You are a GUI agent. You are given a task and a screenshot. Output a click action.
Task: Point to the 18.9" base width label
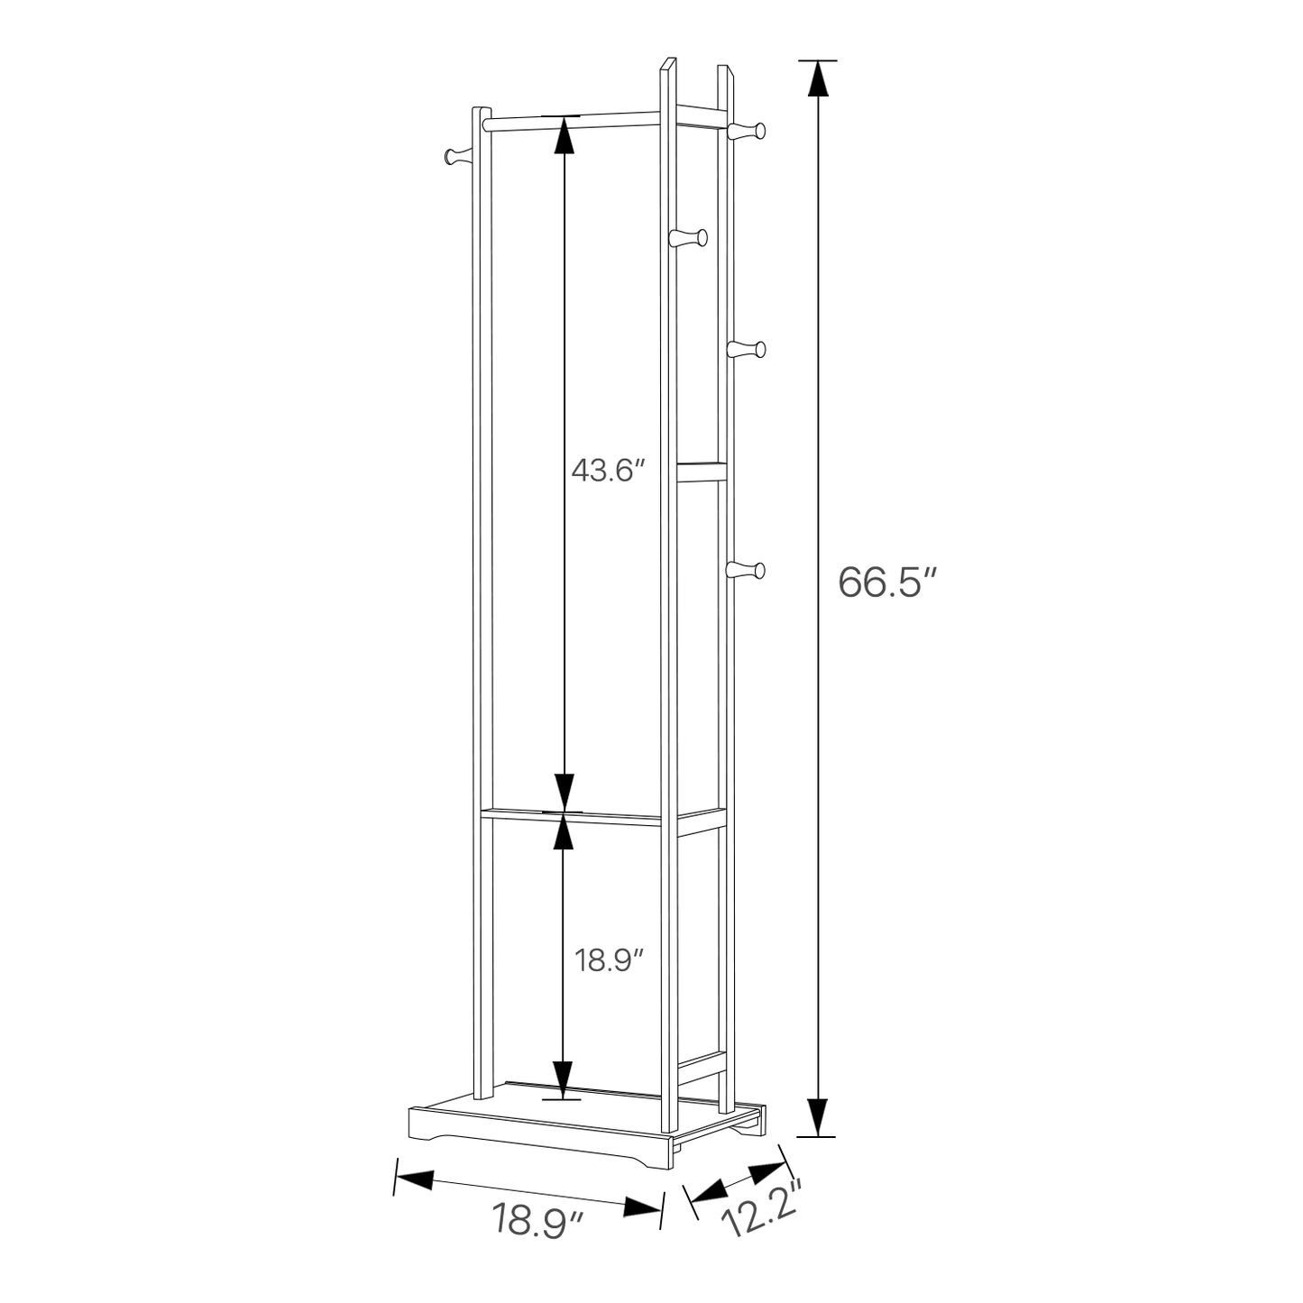point(538,1222)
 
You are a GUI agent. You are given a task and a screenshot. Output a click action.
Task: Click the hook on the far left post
point(458,156)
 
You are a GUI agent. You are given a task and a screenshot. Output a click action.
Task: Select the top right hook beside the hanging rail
point(748,132)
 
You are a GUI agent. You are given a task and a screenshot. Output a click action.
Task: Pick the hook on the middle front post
point(691,238)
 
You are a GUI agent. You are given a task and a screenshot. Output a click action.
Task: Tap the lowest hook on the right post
point(748,570)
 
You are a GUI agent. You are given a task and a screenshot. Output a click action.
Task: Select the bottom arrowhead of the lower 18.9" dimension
point(564,1078)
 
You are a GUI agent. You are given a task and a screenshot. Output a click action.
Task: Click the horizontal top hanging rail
point(577,119)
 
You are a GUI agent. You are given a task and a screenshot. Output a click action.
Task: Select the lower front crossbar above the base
point(577,815)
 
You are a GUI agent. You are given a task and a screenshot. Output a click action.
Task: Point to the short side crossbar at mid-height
point(702,472)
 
